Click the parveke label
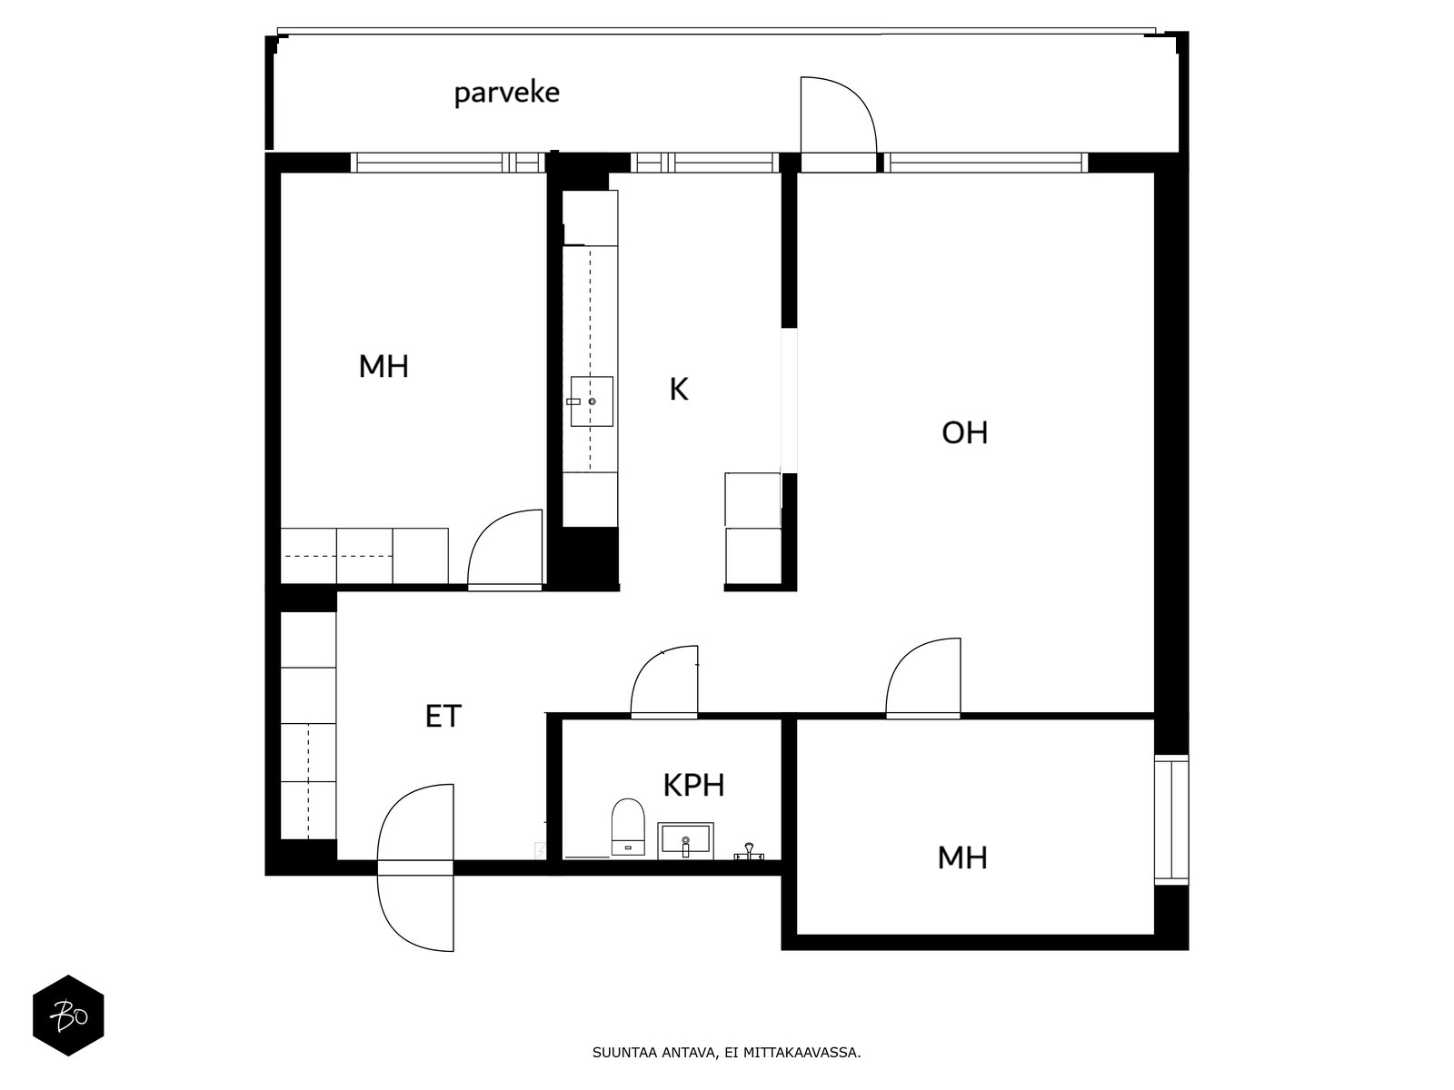point(506,94)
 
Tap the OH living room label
point(964,433)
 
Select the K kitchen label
point(678,389)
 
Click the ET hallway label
point(443,716)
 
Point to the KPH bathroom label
point(693,785)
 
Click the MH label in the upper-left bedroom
point(383,366)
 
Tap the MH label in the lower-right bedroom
point(962,857)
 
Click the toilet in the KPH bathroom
point(628,827)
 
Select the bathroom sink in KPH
point(685,840)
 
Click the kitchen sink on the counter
point(592,401)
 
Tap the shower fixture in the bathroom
point(749,851)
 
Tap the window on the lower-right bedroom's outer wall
point(1171,819)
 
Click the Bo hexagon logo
point(68,1016)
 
